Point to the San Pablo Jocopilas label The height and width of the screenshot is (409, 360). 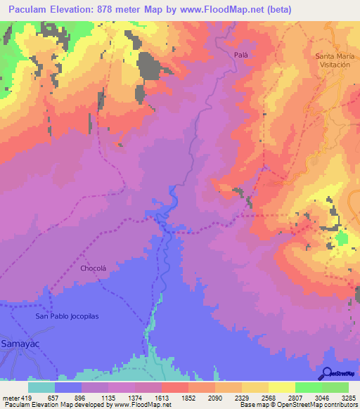[x=67, y=316]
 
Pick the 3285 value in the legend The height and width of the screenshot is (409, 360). [x=347, y=397]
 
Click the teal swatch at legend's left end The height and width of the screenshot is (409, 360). [x=41, y=387]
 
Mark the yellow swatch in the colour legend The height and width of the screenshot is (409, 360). [x=281, y=387]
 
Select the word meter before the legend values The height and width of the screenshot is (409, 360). [x=11, y=397]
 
